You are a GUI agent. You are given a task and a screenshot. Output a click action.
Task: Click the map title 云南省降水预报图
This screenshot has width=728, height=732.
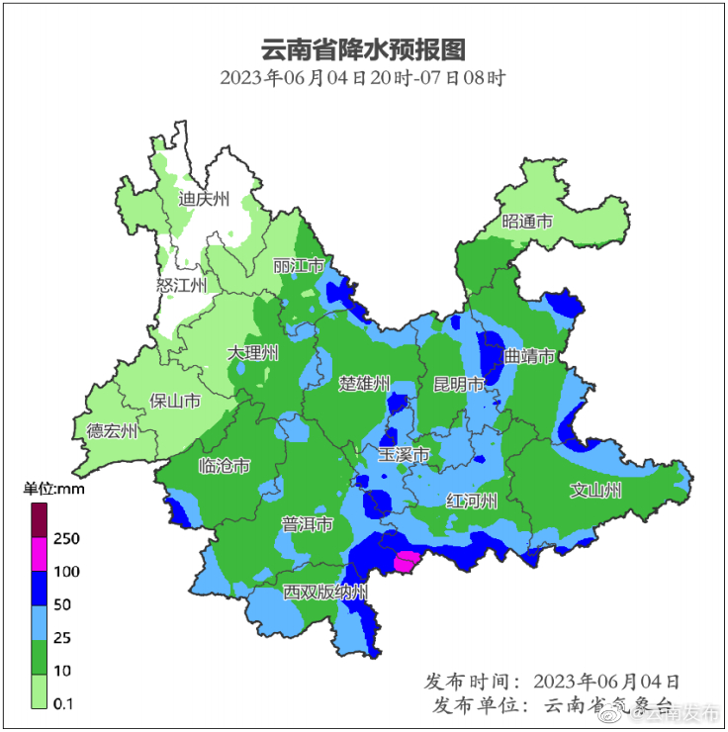(363, 48)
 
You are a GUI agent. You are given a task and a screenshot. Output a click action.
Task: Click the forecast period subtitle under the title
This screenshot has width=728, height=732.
(363, 78)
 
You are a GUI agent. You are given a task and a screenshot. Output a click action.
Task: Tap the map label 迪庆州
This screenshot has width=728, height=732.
(204, 199)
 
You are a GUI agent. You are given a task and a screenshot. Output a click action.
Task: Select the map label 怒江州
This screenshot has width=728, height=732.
(182, 286)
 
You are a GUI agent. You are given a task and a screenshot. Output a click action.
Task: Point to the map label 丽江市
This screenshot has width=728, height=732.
(299, 266)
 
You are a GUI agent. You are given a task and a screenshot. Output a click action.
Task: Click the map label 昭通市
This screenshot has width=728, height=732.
(527, 222)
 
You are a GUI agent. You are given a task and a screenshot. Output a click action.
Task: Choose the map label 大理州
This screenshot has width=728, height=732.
(253, 353)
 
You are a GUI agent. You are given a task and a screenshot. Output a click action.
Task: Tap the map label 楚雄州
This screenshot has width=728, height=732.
(365, 383)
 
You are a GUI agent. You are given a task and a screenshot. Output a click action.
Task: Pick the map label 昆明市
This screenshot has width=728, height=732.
(459, 383)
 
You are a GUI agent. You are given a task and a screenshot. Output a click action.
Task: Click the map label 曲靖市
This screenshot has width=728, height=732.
(529, 356)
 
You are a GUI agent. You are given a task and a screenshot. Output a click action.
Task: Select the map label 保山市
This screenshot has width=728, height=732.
(175, 401)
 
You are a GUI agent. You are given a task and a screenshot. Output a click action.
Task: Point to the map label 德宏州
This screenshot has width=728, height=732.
(113, 430)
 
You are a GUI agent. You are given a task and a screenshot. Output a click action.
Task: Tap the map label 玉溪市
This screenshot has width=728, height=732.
(405, 455)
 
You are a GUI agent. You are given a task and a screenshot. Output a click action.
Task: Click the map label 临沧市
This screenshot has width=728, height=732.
(225, 466)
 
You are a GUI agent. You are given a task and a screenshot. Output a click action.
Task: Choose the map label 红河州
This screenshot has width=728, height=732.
(471, 500)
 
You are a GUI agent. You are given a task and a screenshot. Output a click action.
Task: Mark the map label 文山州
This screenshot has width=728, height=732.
(595, 490)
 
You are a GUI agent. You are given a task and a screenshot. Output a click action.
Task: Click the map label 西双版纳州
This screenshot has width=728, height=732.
(325, 593)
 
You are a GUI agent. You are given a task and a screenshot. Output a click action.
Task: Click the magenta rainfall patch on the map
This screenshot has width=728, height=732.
(406, 563)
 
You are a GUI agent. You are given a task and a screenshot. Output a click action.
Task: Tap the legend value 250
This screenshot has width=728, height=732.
(66, 538)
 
